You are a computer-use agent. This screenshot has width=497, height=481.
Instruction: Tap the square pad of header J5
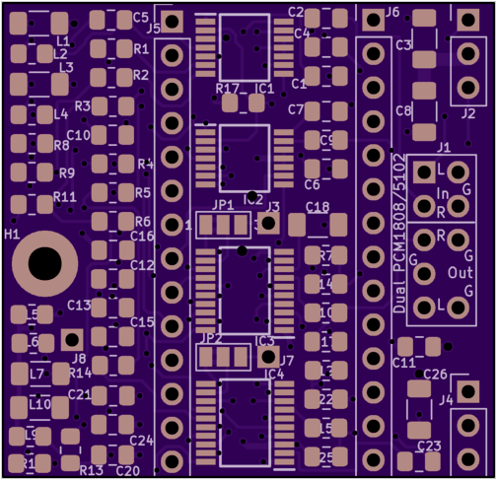173,21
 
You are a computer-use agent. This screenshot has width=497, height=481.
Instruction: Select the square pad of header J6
373,20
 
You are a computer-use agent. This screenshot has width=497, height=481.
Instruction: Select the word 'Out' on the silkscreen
459,272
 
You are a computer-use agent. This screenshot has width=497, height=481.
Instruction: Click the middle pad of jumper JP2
223,356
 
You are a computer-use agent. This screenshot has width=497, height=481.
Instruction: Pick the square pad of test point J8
70,341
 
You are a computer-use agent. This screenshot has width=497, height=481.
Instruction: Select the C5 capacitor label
140,18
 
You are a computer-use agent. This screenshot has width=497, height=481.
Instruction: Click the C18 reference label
318,208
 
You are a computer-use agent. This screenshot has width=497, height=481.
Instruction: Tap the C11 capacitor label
403,364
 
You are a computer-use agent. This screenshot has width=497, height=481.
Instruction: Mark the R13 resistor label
91,470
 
